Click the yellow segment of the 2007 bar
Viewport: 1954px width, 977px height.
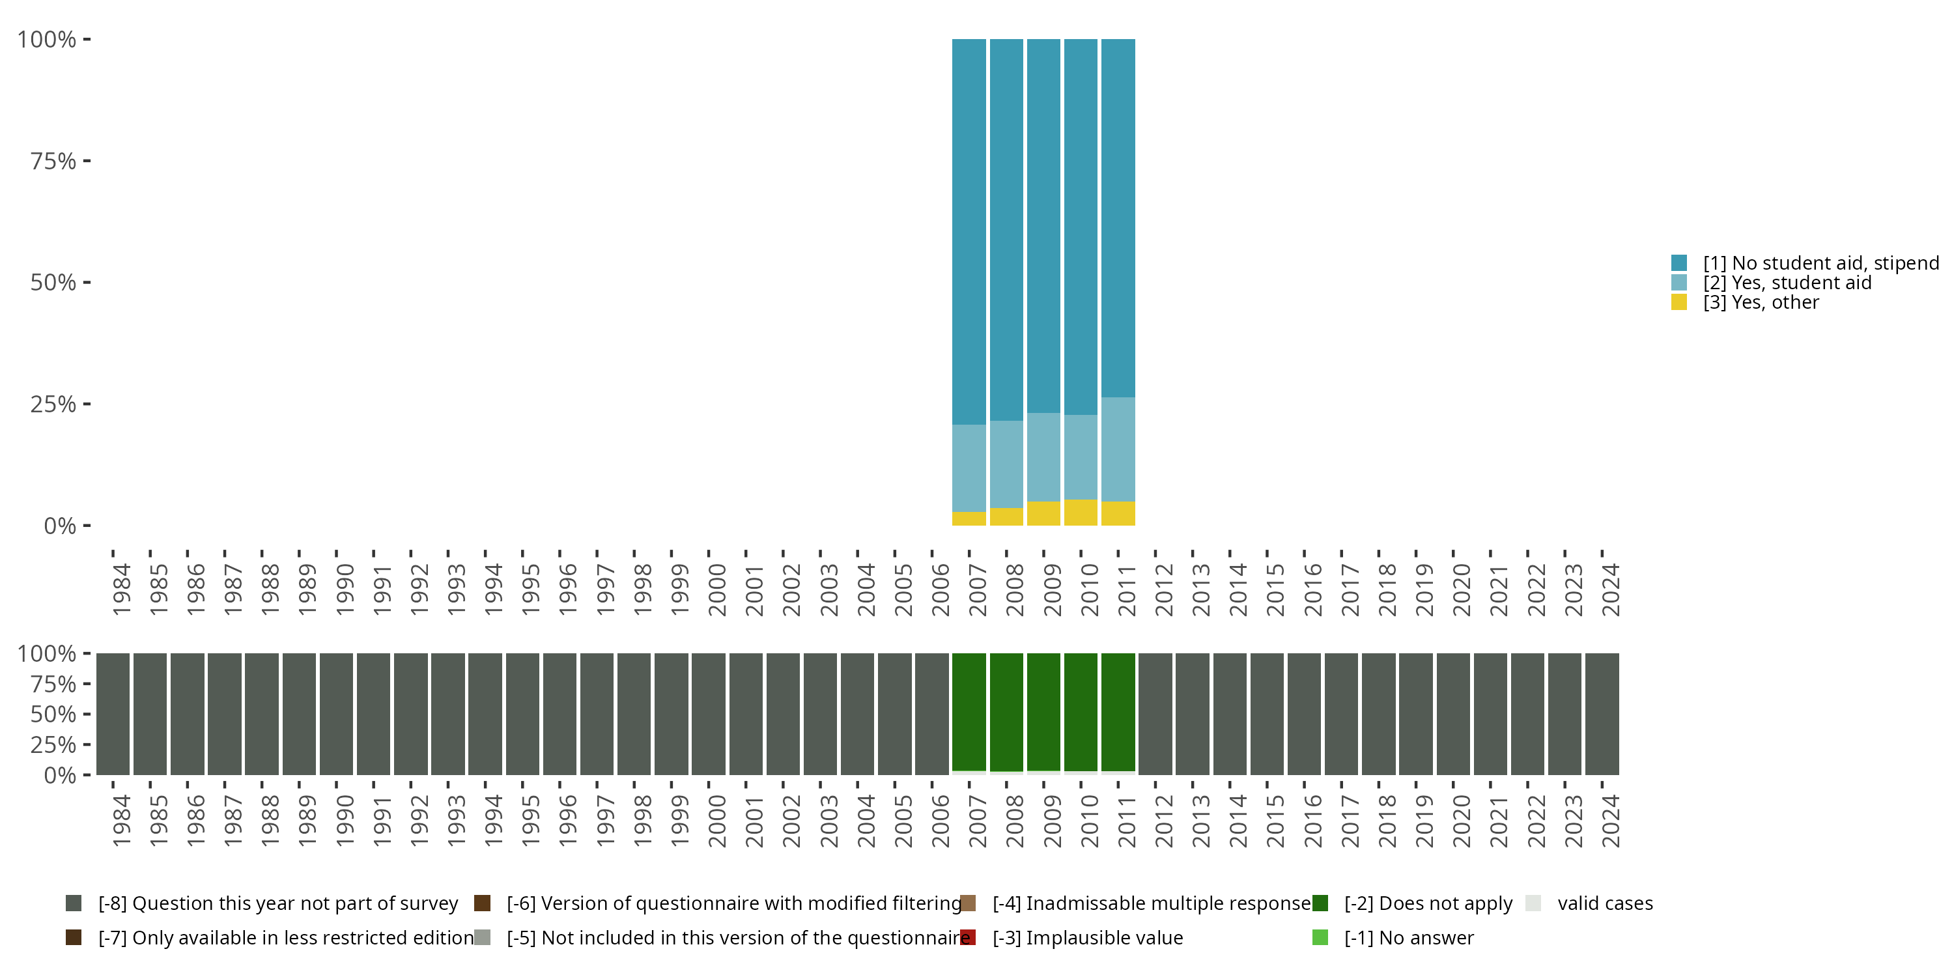point(969,519)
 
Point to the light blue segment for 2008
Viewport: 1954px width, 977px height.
point(1006,464)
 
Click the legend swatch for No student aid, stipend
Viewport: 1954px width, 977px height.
point(1678,263)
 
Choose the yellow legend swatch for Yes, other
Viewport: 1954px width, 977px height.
point(1678,303)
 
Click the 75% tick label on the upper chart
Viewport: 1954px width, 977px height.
point(53,161)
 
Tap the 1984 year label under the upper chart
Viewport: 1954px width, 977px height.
point(121,589)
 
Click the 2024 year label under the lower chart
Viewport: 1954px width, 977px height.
point(1609,821)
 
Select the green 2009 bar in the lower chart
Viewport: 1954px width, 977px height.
point(1043,711)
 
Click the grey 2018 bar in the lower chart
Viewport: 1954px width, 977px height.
point(1378,714)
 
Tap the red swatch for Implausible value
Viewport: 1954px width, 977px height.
point(968,937)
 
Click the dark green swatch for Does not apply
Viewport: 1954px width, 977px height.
point(1320,903)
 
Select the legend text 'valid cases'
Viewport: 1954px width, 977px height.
point(1605,903)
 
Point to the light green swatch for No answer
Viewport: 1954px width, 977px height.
point(1320,937)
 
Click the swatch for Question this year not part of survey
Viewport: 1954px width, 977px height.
point(74,903)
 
